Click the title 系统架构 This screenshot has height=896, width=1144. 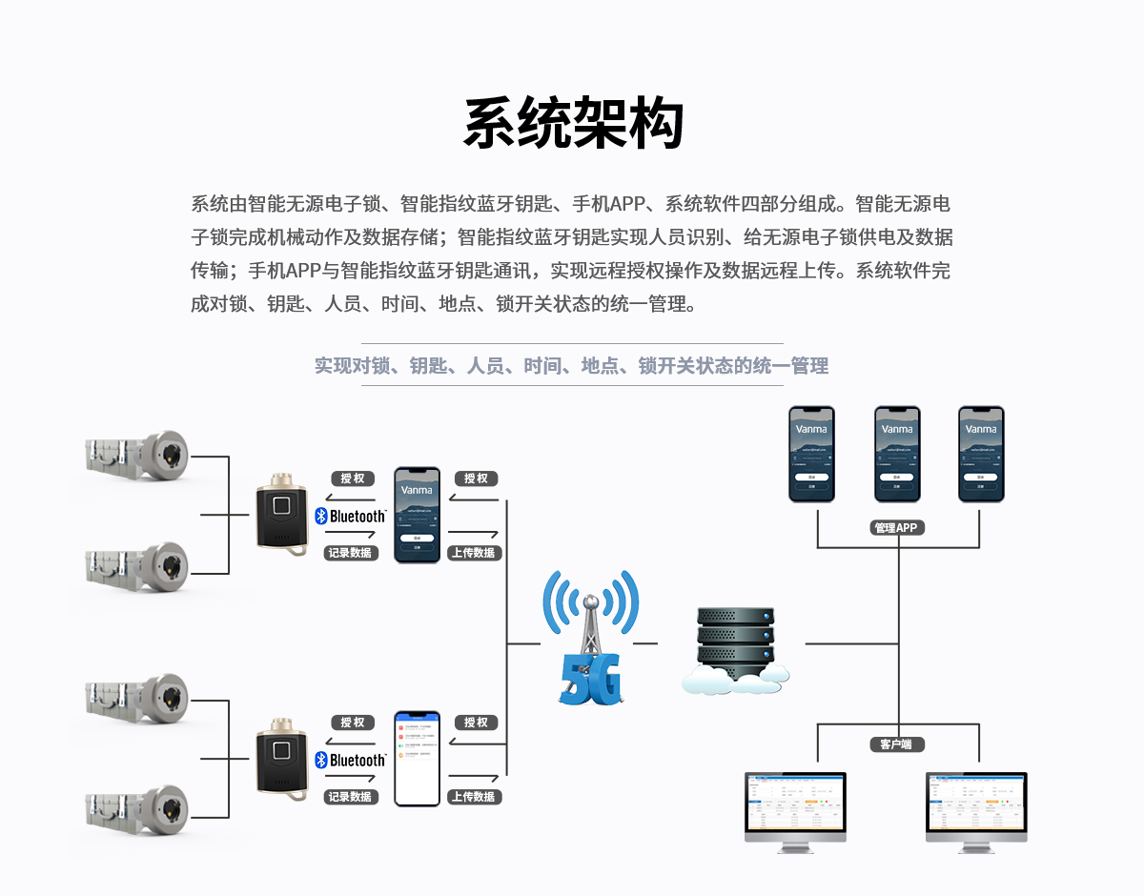[573, 124]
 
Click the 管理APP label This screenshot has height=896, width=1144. [898, 527]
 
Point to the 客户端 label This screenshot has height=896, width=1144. [897, 743]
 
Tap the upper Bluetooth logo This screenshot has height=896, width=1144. [350, 516]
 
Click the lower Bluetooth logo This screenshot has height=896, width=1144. [350, 760]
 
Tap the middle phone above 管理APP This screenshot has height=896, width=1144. [897, 454]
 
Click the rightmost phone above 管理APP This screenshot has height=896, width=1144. [981, 454]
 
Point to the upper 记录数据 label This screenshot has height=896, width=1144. [351, 553]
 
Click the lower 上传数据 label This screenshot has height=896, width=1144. [475, 797]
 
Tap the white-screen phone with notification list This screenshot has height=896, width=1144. [418, 759]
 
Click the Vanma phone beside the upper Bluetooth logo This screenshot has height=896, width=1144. [418, 515]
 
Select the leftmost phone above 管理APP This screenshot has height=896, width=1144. [811, 454]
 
